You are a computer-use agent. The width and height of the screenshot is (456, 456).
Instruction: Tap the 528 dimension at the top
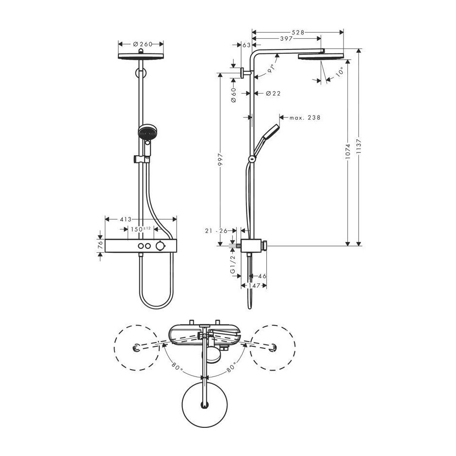298,33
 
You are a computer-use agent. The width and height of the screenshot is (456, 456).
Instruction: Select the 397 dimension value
286,38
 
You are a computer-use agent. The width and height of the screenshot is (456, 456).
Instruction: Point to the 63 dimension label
246,45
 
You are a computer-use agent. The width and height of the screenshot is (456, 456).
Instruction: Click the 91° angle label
271,68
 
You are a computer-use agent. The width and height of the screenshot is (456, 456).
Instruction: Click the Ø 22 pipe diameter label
274,93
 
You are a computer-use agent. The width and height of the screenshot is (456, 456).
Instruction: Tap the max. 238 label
305,117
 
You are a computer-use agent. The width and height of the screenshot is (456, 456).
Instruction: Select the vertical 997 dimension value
220,160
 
